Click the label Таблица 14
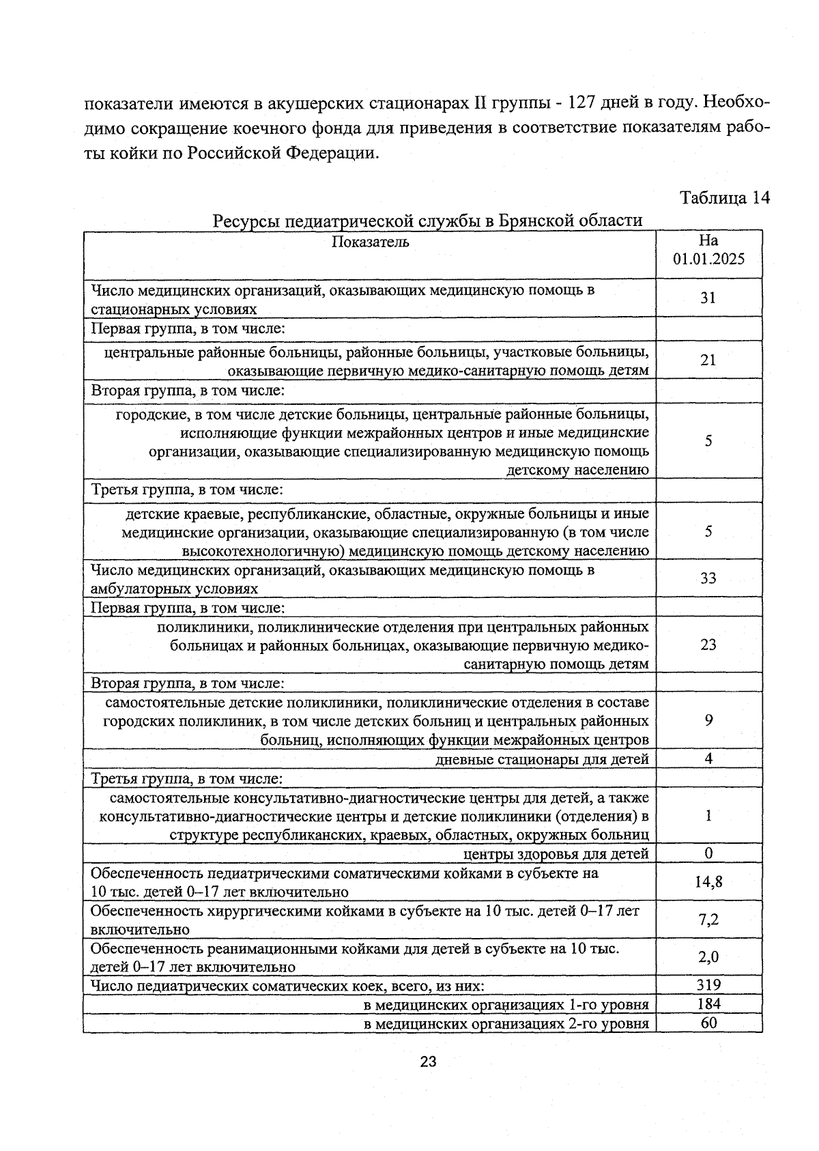(x=724, y=198)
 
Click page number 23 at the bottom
(x=428, y=1062)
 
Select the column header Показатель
(x=370, y=242)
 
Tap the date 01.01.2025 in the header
(x=708, y=259)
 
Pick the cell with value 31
(x=708, y=298)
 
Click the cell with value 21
(x=708, y=360)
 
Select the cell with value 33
(x=708, y=578)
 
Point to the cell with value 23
(x=708, y=644)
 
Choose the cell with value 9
(x=709, y=720)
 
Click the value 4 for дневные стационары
(x=709, y=758)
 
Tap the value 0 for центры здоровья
(x=709, y=853)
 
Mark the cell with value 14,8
(x=708, y=881)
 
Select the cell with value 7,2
(x=708, y=920)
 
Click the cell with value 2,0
(x=708, y=957)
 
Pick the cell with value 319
(x=708, y=984)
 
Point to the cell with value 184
(x=708, y=1004)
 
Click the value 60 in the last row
(x=708, y=1023)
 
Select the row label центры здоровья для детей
(x=556, y=853)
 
